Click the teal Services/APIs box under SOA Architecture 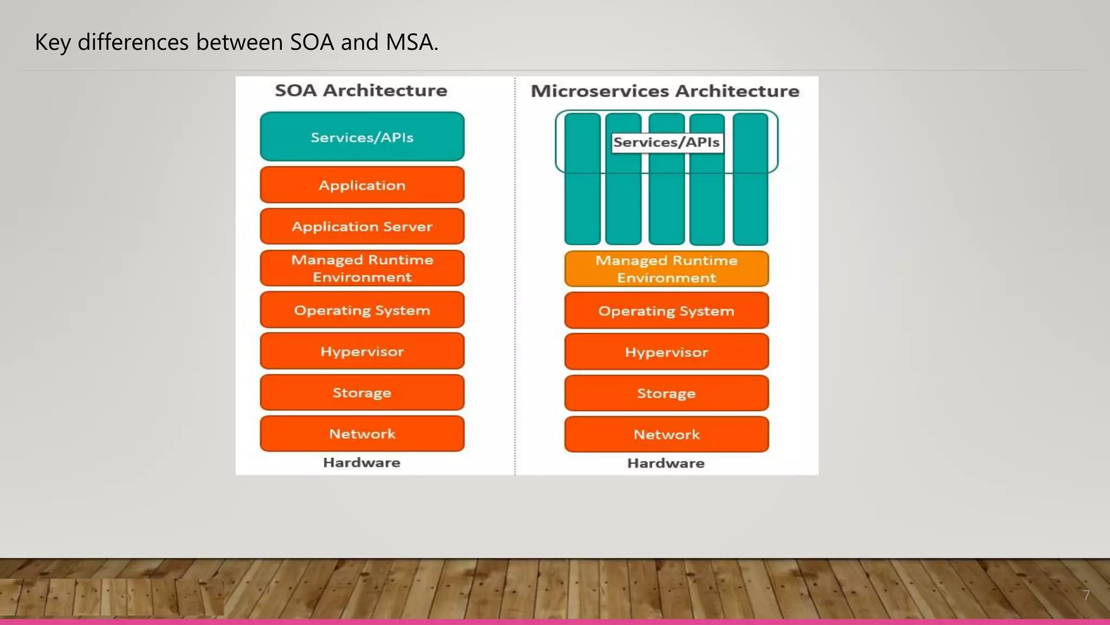tap(362, 137)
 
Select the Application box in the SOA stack tap(362, 185)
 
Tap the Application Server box tap(362, 226)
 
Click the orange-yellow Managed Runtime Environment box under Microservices tap(666, 269)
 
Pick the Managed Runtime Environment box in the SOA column tap(362, 268)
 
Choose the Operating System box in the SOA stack tap(362, 310)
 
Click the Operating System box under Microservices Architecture tap(666, 311)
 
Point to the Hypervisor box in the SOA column tap(362, 351)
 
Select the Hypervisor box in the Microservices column tap(666, 352)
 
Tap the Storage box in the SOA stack tap(362, 392)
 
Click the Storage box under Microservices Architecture tap(666, 393)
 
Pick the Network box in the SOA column tap(362, 433)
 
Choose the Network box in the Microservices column tap(666, 435)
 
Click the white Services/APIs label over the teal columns tap(667, 143)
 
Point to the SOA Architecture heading tap(361, 90)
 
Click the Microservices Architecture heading tap(665, 91)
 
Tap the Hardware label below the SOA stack tap(362, 463)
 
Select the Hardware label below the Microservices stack tap(666, 463)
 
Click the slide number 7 tap(1086, 595)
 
